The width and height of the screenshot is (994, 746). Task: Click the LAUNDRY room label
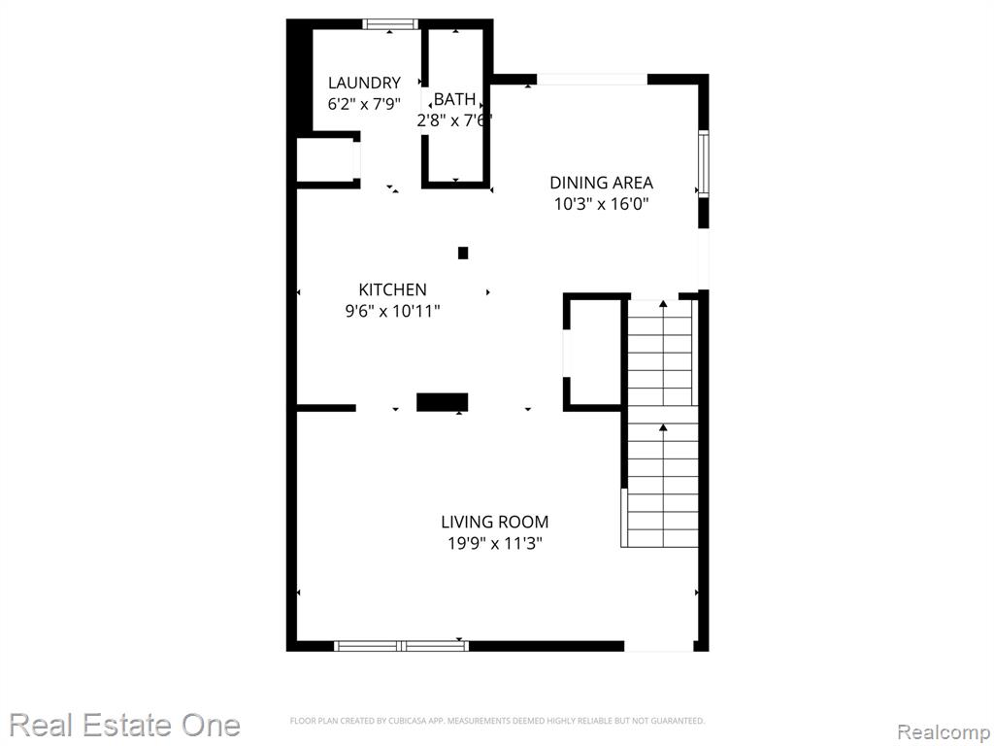[364, 83]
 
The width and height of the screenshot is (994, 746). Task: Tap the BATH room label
[454, 99]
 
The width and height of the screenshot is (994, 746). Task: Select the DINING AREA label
[601, 183]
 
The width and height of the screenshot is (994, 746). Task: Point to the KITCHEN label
[392, 289]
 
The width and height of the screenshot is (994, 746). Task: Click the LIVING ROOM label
[495, 522]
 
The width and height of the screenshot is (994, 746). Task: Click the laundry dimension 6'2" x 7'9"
[364, 103]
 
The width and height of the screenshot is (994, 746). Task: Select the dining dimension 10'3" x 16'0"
[601, 204]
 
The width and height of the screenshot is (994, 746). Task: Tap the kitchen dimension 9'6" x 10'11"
[392, 312]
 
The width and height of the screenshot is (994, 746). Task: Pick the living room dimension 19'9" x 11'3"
[495, 544]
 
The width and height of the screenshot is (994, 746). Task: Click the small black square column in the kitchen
[463, 254]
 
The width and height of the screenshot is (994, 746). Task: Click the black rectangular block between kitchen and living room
[443, 402]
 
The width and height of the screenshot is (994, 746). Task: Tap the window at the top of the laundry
[390, 24]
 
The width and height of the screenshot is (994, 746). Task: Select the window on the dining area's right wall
[704, 163]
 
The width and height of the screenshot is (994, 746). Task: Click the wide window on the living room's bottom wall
[401, 646]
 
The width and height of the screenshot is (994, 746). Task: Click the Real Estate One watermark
[125, 725]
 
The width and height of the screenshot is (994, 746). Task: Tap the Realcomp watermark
[944, 731]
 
